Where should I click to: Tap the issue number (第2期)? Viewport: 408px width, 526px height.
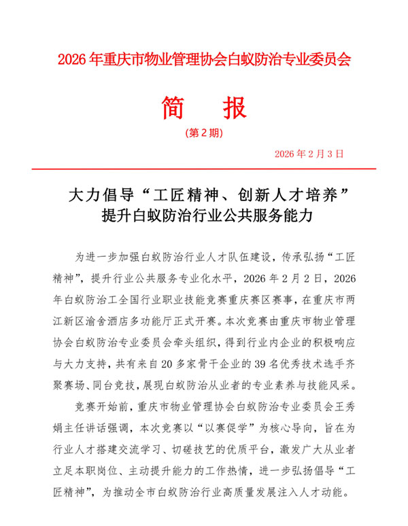(203, 133)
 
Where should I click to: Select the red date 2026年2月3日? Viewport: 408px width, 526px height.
(310, 154)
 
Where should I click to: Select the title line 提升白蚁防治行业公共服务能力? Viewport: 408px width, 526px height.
(204, 217)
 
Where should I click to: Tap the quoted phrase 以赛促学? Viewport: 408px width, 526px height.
(213, 429)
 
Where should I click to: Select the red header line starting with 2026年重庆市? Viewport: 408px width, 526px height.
(204, 59)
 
